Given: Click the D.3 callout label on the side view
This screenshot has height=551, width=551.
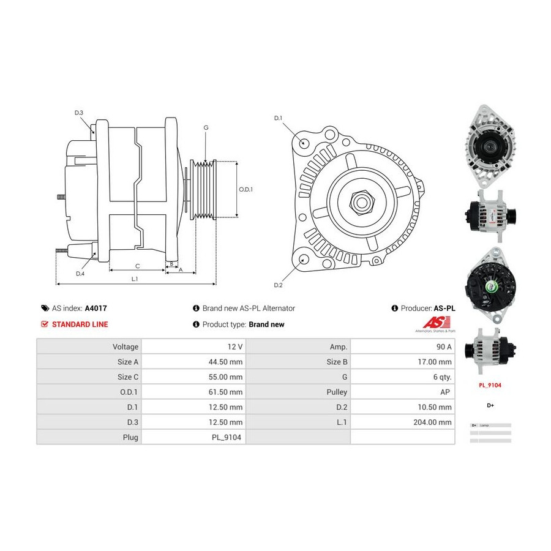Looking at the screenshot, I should (79, 113).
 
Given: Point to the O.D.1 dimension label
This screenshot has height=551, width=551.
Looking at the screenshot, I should (245, 189).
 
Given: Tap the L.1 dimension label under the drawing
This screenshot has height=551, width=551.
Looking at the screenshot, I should (134, 279).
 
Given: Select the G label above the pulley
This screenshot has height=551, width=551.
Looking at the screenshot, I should (206, 127).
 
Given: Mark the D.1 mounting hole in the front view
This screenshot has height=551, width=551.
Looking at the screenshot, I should (304, 143).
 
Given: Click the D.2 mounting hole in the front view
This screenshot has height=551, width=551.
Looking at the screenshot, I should (304, 260).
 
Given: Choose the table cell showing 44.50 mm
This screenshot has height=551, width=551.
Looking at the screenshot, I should (226, 362).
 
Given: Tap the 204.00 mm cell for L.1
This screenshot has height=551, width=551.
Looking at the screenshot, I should (435, 422).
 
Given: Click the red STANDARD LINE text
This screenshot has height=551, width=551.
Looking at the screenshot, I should (80, 324).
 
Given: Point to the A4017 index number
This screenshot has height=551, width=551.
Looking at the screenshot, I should (96, 309).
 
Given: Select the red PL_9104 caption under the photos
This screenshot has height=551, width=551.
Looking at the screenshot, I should (490, 386).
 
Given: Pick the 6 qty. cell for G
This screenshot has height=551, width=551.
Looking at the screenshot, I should (443, 377).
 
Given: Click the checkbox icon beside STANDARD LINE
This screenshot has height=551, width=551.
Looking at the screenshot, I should (45, 324).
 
